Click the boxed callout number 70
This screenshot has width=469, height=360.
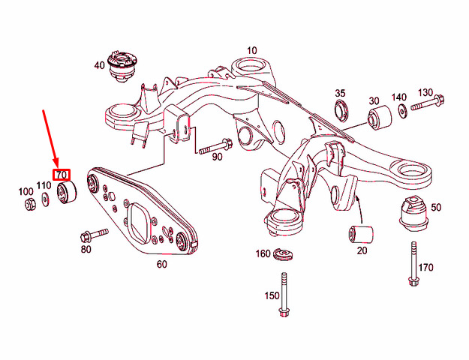pyautogui.click(x=62, y=175)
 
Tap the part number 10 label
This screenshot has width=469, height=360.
pyautogui.click(x=251, y=51)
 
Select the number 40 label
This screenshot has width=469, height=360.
pyautogui.click(x=99, y=65)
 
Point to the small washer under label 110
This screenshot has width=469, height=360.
pyautogui.click(x=46, y=198)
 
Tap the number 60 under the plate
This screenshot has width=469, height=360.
pyautogui.click(x=161, y=263)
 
